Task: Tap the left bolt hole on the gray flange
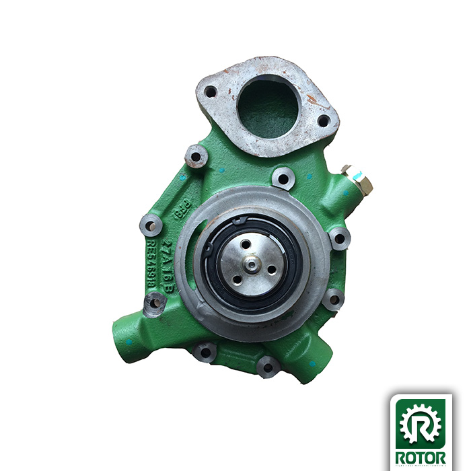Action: click(x=211, y=92)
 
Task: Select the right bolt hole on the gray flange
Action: click(x=323, y=121)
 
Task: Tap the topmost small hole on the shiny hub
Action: click(x=247, y=244)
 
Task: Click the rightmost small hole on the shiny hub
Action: click(x=271, y=269)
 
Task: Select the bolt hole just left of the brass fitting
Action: click(x=283, y=178)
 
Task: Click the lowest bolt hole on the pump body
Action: click(x=268, y=367)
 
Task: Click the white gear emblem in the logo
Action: click(x=422, y=423)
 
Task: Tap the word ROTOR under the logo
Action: click(x=422, y=458)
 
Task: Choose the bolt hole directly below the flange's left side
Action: click(x=196, y=157)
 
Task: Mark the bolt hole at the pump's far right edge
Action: click(x=338, y=238)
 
